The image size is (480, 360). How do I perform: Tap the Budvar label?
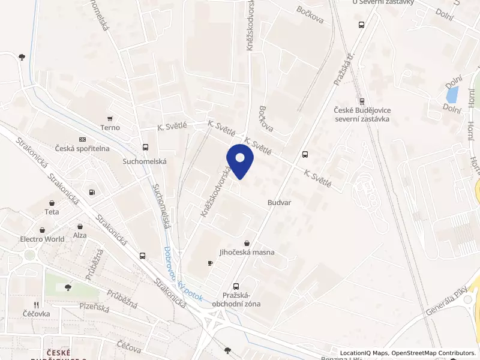click(279, 203)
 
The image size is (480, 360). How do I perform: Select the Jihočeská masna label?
click(247, 252)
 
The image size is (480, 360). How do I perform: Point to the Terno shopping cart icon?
click(110, 118)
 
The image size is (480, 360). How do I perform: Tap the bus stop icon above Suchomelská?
click(145, 148)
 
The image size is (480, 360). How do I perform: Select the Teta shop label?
click(52, 212)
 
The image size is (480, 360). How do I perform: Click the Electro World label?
click(42, 239)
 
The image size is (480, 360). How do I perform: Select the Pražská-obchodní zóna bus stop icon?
click(235, 286)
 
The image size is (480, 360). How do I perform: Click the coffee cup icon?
click(210, 263)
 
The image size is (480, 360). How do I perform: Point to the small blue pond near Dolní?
click(452, 94)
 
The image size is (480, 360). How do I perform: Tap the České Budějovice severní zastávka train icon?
click(361, 101)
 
